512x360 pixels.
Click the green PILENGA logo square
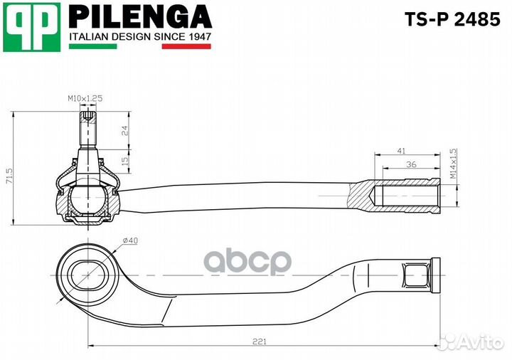32,27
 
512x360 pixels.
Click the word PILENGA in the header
140,16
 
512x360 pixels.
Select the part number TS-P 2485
452,19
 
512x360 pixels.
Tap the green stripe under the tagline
92,46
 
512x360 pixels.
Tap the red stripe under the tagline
186,46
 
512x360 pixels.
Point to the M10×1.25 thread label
85,98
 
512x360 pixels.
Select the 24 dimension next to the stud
124,130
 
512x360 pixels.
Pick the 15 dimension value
124,160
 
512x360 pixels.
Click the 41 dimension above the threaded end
401,151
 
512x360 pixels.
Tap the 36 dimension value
411,164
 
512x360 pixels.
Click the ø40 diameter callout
130,240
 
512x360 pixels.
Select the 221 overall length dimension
260,342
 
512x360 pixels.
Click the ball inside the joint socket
88,200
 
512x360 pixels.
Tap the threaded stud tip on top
88,117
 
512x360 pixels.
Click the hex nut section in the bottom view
416,275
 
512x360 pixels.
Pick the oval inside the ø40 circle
87,275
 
